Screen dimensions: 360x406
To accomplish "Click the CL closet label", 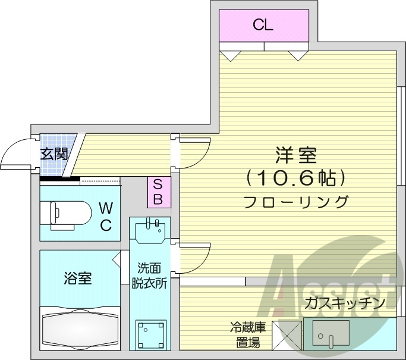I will pos(263,25).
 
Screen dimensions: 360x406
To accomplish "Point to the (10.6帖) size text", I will pos(295,177).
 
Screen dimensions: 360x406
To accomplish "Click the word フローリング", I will pos(295,201).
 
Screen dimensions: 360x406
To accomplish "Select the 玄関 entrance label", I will pos(53,154).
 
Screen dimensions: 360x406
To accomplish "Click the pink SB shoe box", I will pos(159,192).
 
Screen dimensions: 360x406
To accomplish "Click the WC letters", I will pos(105,216).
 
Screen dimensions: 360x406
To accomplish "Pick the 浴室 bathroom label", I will pos(78,277).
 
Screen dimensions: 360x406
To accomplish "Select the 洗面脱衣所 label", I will pos(149,275).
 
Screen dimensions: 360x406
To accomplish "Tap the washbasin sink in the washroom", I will pos(150,230).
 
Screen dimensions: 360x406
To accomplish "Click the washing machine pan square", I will pos(150,334).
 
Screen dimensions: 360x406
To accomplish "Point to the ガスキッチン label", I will pos(345,303).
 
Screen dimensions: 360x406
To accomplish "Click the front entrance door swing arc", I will pos(16,154).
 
